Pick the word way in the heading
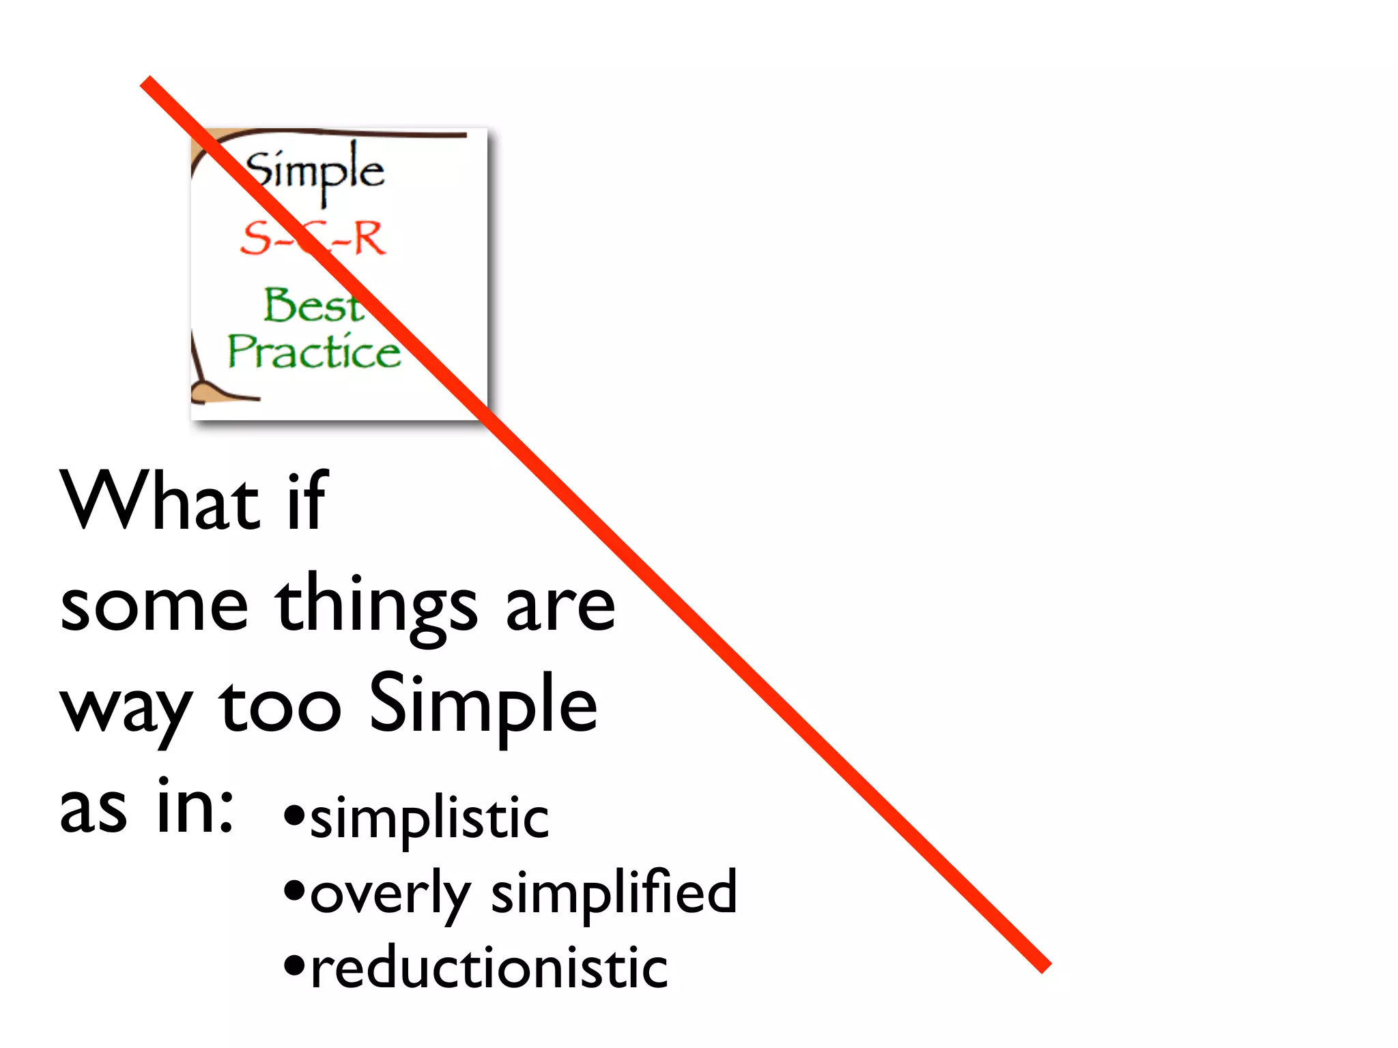click(127, 710)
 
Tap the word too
click(280, 707)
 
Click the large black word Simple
click(483, 707)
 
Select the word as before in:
click(94, 809)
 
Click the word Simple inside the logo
click(315, 171)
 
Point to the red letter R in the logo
click(369, 239)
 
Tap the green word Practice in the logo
click(315, 352)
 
